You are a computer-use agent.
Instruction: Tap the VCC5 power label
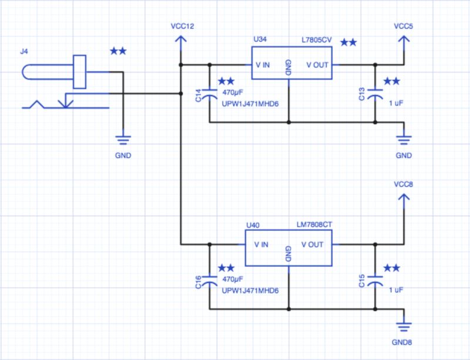click(404, 27)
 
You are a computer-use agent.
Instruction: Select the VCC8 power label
click(404, 184)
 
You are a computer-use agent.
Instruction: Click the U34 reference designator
click(260, 39)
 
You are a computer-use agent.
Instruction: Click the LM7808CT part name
click(314, 225)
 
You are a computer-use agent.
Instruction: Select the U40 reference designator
click(253, 225)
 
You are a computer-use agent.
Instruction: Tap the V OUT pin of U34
click(317, 65)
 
